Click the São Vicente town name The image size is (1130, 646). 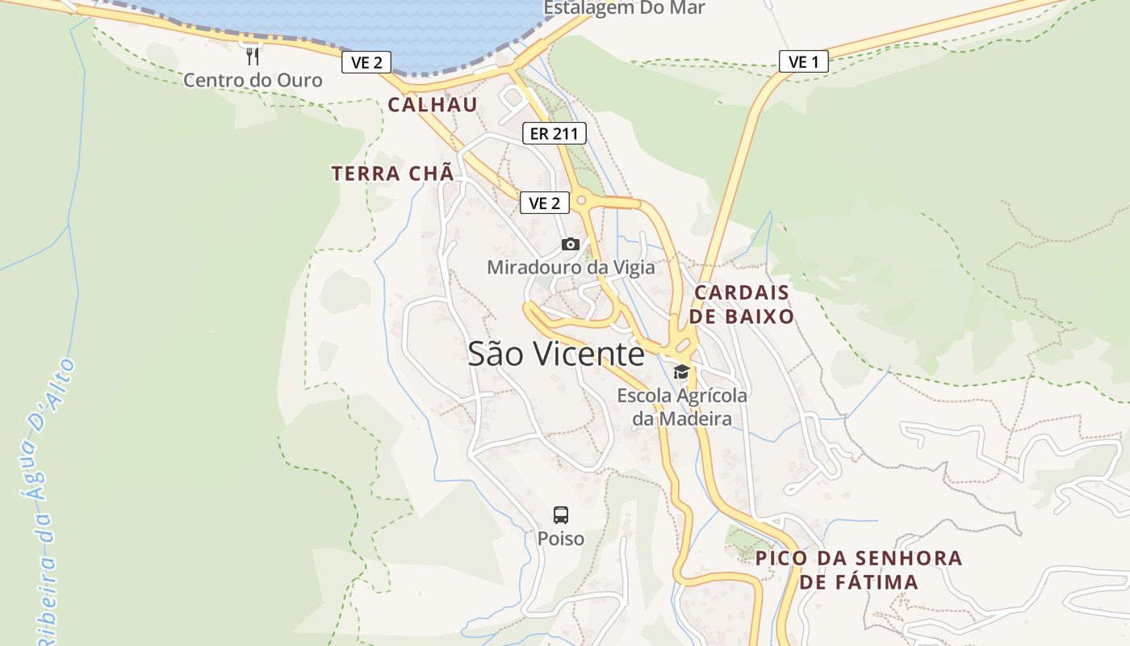(x=556, y=354)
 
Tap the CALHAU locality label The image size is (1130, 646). (x=433, y=104)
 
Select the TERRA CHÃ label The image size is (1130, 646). (x=393, y=173)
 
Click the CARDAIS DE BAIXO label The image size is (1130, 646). (x=743, y=304)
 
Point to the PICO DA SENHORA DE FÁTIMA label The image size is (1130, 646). (x=859, y=569)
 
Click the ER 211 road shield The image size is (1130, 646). (x=554, y=133)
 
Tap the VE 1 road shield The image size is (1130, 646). (x=803, y=61)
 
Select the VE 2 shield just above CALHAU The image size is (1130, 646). (x=366, y=62)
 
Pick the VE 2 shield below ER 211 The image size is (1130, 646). (x=545, y=203)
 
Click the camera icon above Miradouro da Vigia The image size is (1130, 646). (x=571, y=244)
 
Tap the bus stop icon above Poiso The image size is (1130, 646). (x=561, y=514)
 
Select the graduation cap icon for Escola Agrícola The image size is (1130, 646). (x=682, y=371)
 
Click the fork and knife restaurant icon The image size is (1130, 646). (x=253, y=56)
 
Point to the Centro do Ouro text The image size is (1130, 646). (x=253, y=80)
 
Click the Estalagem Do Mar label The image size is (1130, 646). (x=624, y=8)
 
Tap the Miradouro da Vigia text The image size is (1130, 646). (x=571, y=266)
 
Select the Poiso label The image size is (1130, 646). (x=561, y=538)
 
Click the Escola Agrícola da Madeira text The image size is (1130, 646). (x=682, y=407)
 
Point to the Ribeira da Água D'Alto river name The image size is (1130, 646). (x=47, y=501)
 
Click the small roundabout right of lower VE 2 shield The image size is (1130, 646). (x=581, y=199)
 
